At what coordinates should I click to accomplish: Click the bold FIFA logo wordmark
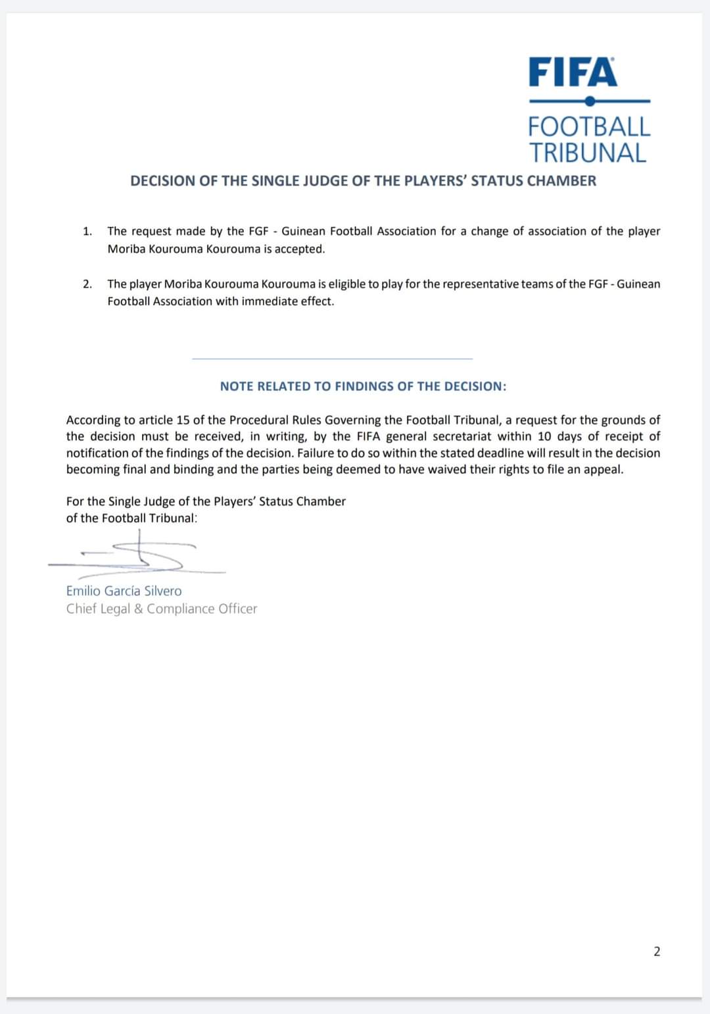[573, 72]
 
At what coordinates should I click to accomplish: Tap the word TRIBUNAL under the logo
[588, 153]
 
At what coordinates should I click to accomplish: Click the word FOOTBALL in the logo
[589, 126]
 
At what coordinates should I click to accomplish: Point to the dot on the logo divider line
[590, 101]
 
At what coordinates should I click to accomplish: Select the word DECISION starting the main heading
[162, 181]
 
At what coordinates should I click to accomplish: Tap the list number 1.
[87, 232]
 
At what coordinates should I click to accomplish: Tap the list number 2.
[87, 284]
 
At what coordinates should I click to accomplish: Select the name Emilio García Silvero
[124, 591]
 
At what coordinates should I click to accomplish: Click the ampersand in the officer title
[138, 609]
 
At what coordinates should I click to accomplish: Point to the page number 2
[657, 951]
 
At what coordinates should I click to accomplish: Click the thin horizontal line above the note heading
[332, 359]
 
